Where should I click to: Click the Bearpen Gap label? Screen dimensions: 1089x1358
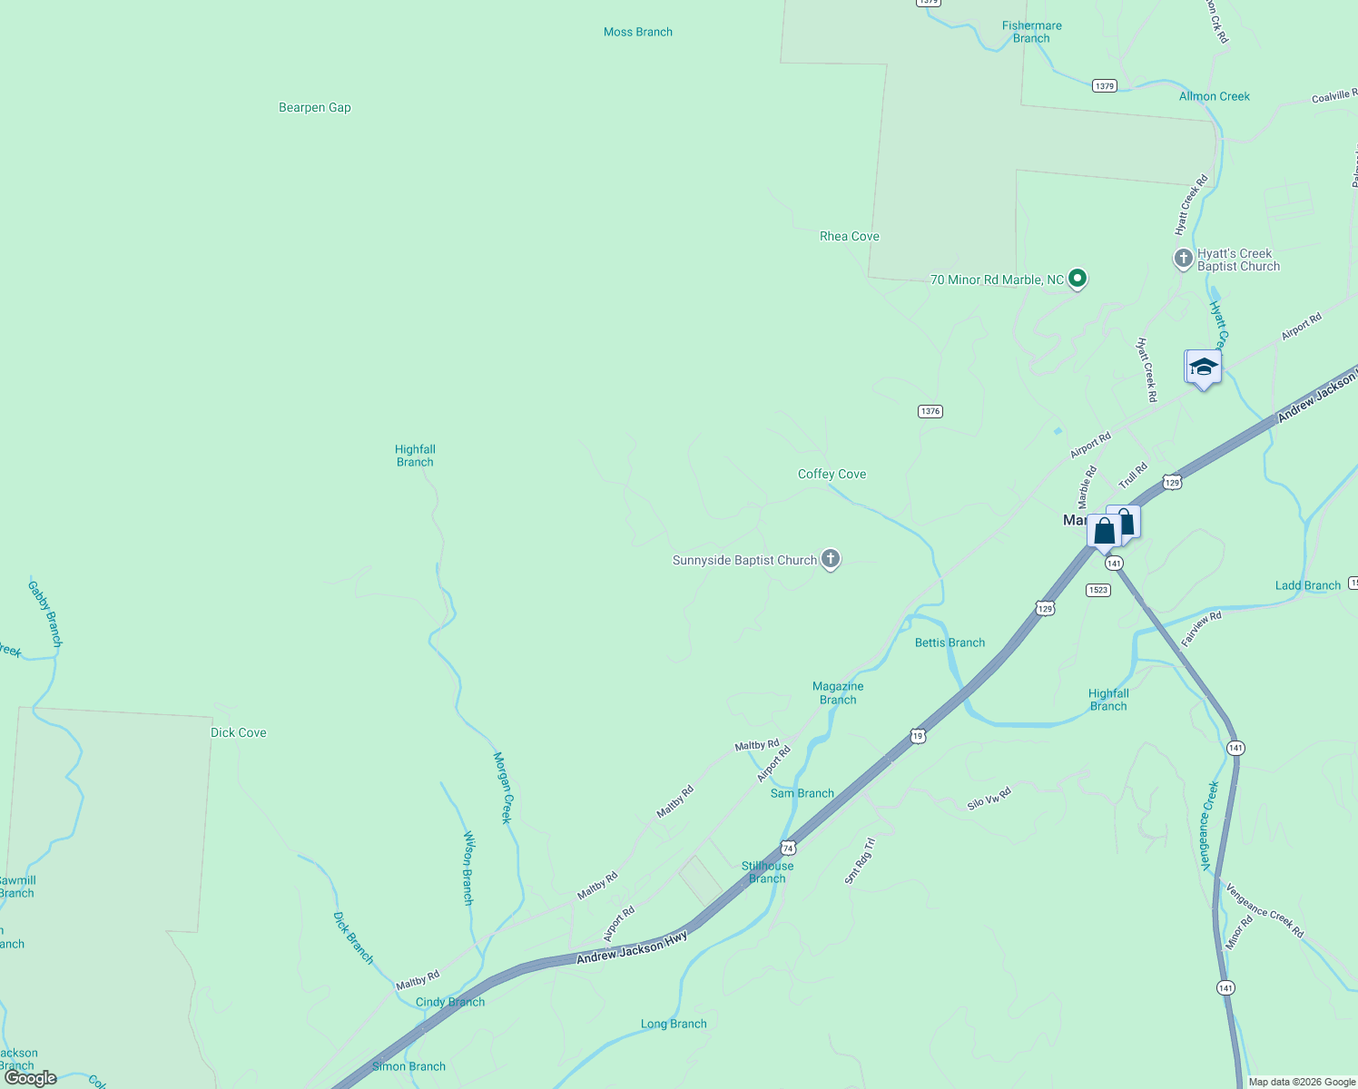click(314, 107)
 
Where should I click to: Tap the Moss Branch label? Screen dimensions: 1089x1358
click(637, 32)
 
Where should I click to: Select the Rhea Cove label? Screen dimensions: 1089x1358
click(849, 236)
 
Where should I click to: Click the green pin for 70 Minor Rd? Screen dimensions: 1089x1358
click(1078, 279)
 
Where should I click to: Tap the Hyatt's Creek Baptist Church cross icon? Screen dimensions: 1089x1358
click(1183, 259)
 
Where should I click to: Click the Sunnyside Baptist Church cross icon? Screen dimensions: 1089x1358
click(830, 559)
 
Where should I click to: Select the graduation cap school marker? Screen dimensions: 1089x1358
click(1204, 368)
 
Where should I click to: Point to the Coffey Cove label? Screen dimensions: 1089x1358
click(832, 474)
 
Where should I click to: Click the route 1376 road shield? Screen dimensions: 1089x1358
click(930, 411)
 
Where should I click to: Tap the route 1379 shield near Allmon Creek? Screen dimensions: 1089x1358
click(1104, 86)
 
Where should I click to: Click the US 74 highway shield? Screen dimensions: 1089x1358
click(788, 849)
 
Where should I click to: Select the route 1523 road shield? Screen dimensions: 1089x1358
click(1097, 590)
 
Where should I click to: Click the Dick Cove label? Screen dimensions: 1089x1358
click(238, 732)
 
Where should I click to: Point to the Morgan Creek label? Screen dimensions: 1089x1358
click(502, 787)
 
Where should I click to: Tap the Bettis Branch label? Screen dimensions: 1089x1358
click(950, 643)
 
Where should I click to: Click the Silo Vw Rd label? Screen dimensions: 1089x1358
click(989, 799)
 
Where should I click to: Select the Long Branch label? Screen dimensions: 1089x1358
click(673, 1024)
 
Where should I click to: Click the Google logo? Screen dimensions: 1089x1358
click(30, 1078)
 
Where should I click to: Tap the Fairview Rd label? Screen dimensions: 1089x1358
click(1201, 629)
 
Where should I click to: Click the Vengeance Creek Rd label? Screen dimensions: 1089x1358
click(1265, 910)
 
